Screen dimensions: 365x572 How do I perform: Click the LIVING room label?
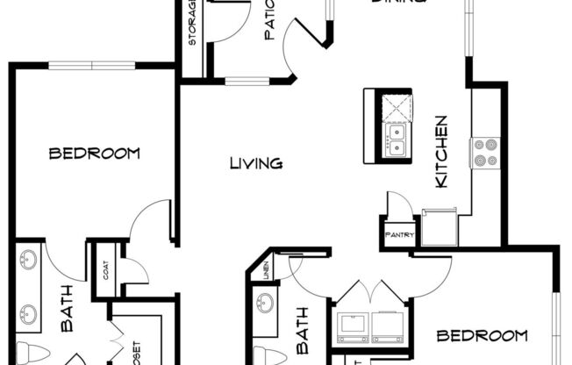(255, 163)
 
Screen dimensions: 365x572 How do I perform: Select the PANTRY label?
(399, 235)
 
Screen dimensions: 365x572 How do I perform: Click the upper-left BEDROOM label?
(95, 154)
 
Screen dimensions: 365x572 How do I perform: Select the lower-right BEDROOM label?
(483, 335)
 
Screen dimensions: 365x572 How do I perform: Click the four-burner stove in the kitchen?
(485, 152)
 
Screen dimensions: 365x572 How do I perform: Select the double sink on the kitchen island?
(397, 140)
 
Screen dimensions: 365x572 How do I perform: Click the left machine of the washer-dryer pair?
(353, 326)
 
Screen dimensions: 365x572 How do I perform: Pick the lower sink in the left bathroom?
(29, 313)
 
